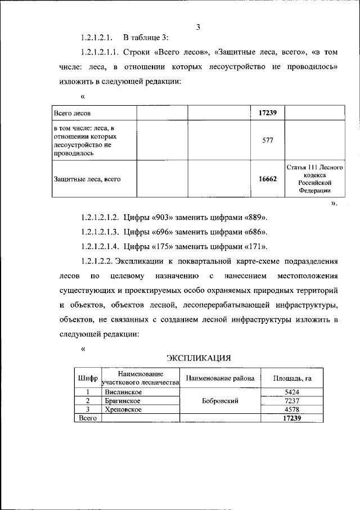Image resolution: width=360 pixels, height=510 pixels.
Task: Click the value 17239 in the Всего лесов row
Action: pyautogui.click(x=268, y=113)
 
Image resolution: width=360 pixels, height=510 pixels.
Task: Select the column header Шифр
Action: pyautogui.click(x=87, y=378)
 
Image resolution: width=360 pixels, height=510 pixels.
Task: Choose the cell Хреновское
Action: pyautogui.click(x=123, y=410)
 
